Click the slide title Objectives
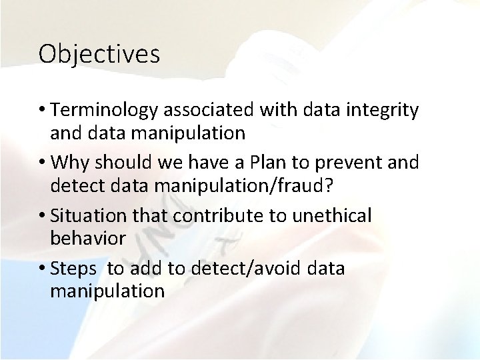tap(99, 54)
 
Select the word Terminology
tap(105, 109)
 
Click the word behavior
tap(88, 239)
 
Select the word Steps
tap(74, 268)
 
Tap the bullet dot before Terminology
tap(42, 111)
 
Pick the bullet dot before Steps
tap(42, 269)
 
